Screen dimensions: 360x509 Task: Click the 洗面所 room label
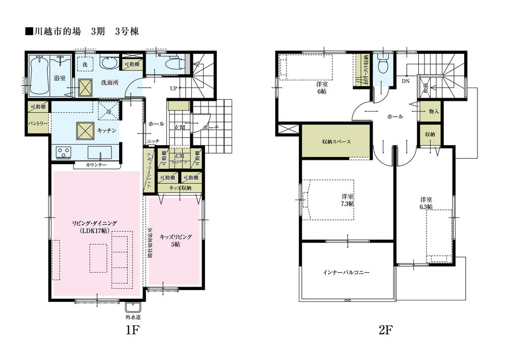point(109,82)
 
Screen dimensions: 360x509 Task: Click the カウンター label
point(96,165)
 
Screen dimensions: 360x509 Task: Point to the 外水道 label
point(133,318)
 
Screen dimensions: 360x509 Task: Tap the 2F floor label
point(385,330)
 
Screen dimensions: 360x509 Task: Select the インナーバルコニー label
point(346,272)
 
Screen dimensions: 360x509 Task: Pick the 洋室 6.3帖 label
point(426,203)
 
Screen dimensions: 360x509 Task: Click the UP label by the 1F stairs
point(173,88)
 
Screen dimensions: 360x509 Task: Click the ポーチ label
point(210,127)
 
